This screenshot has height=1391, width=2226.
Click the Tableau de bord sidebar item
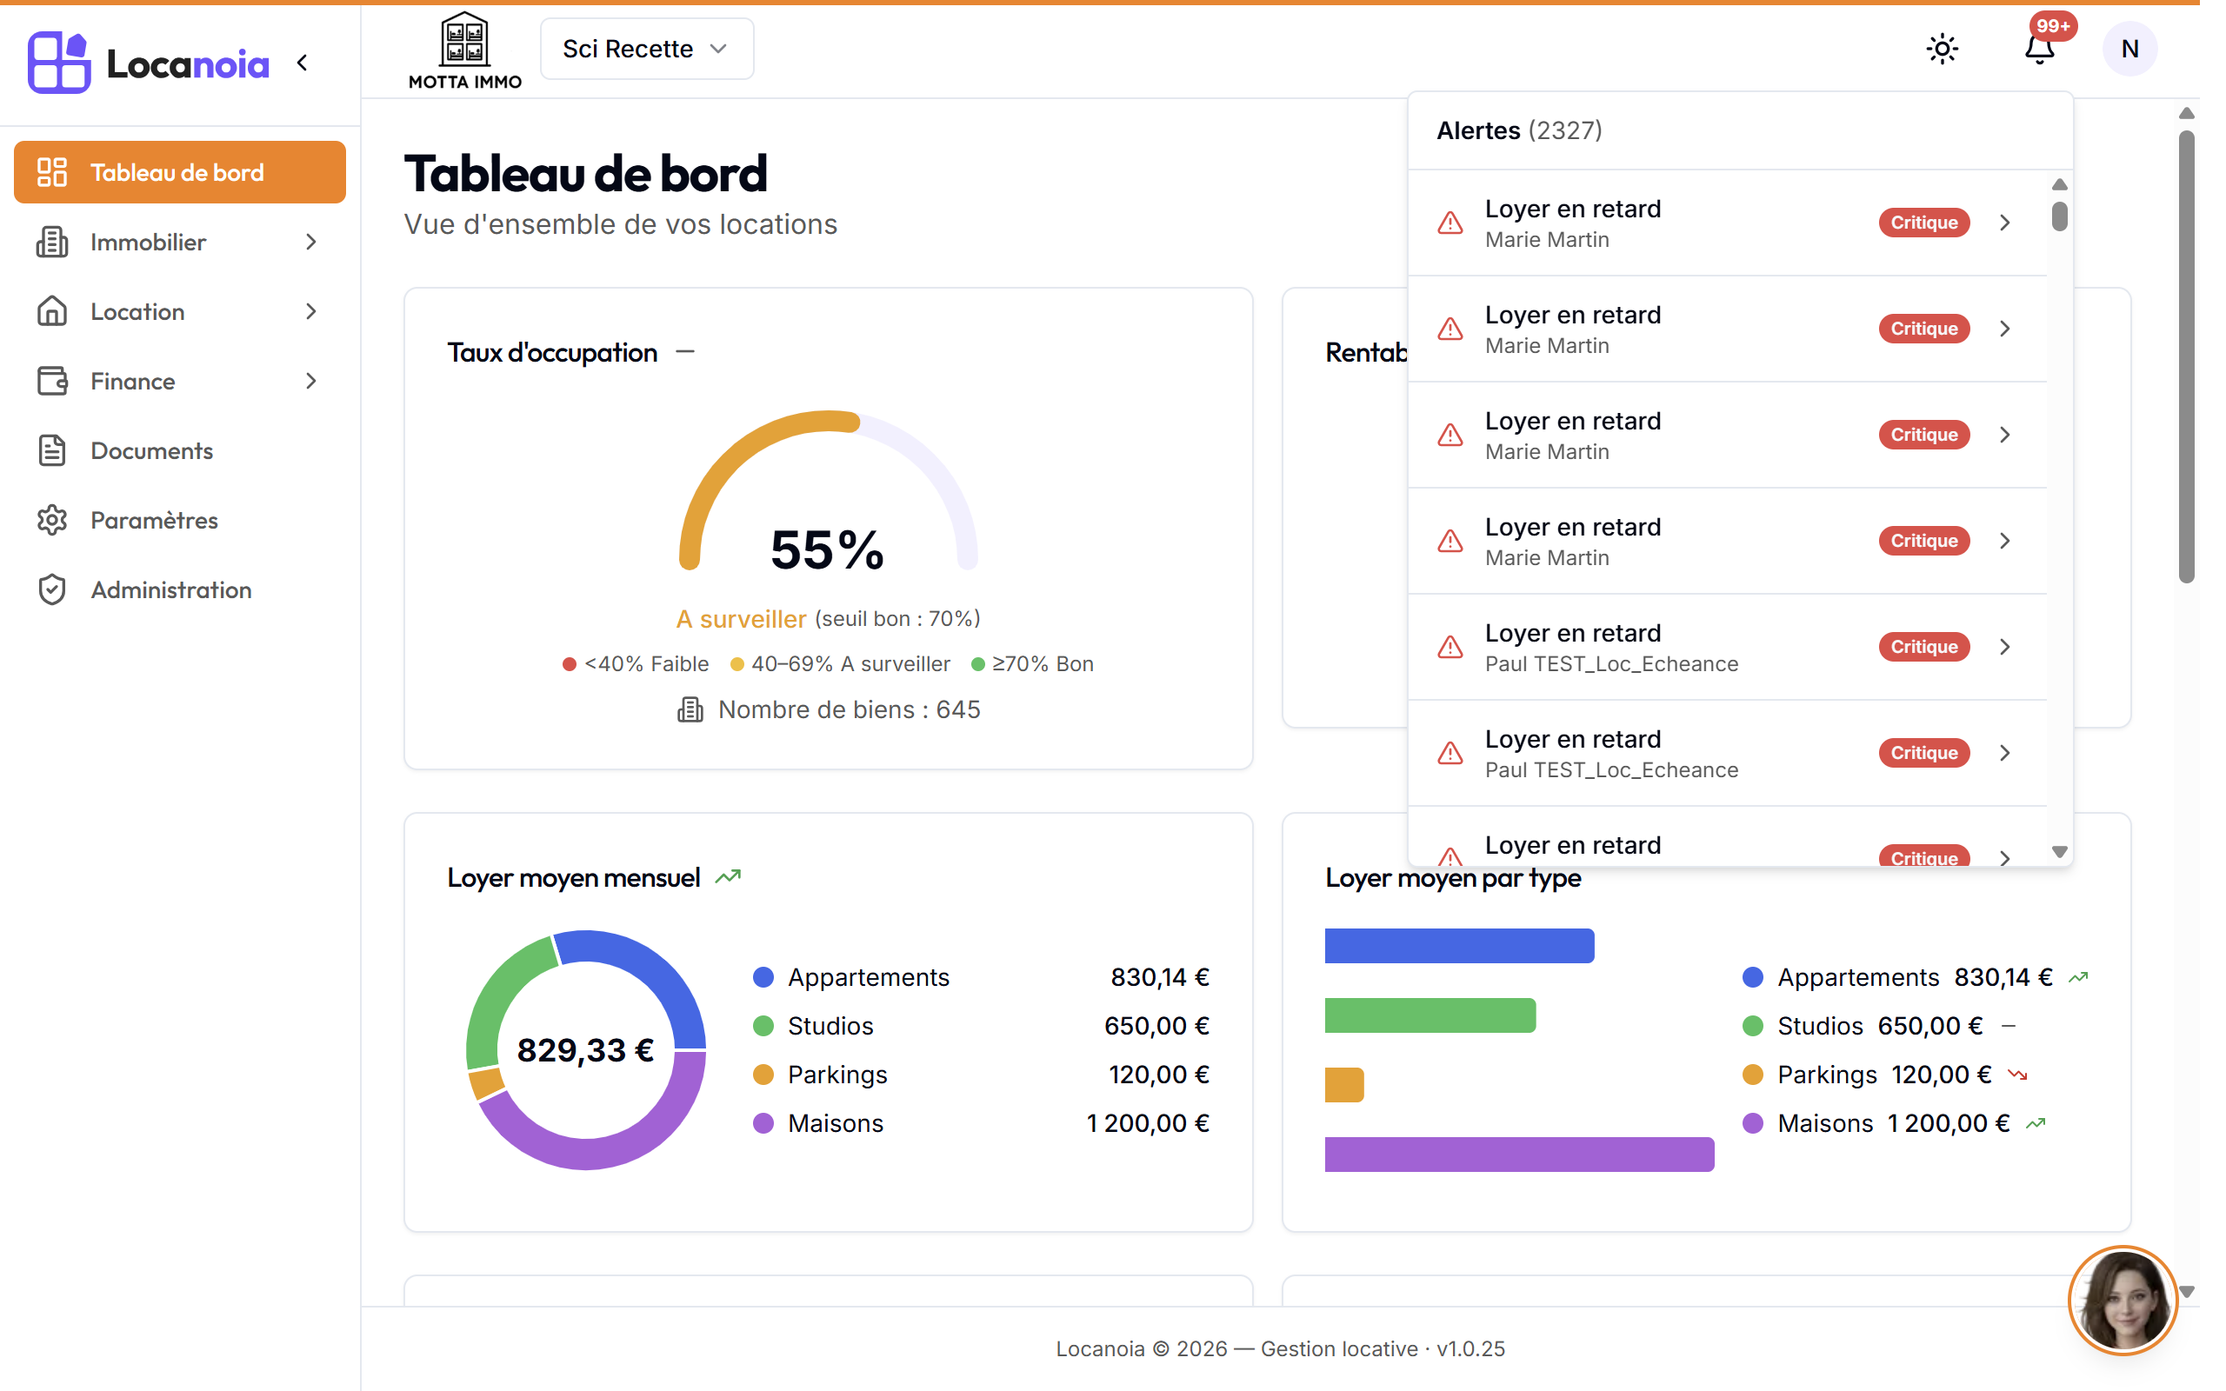click(179, 172)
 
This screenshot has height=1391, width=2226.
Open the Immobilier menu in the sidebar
click(179, 242)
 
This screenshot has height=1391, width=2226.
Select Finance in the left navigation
click(179, 381)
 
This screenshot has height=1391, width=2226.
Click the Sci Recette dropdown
click(647, 49)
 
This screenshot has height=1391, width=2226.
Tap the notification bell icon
click(2039, 49)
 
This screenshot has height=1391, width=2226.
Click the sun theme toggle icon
click(1942, 49)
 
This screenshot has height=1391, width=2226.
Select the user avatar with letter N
click(2129, 49)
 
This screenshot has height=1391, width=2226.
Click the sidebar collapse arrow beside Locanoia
click(303, 63)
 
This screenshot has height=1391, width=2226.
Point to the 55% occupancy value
click(827, 550)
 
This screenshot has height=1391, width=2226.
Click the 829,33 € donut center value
click(585, 1049)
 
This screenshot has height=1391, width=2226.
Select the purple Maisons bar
click(1519, 1154)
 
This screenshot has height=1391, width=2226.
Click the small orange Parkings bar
click(1344, 1085)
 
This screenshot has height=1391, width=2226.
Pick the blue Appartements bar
click(1459, 946)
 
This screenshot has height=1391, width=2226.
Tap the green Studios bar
click(1430, 1015)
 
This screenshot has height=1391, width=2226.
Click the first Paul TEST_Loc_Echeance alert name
click(1611, 664)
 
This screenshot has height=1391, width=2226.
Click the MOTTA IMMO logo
click(464, 50)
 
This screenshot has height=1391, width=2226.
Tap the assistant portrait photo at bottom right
click(2123, 1301)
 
